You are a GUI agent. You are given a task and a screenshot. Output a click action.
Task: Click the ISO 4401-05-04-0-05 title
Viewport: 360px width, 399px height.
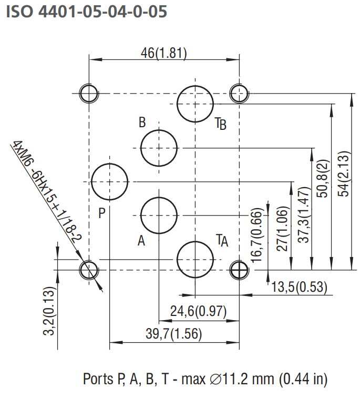pyautogui.click(x=87, y=12)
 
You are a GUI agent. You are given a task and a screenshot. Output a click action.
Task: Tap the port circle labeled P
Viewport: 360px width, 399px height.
pyautogui.click(x=109, y=182)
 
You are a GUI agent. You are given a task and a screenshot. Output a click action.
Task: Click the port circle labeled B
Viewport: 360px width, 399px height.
pyautogui.click(x=159, y=148)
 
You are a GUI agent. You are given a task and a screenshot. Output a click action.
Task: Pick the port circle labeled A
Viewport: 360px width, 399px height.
pyautogui.click(x=159, y=215)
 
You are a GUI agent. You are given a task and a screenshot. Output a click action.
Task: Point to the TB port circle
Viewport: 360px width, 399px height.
pyautogui.click(x=196, y=104)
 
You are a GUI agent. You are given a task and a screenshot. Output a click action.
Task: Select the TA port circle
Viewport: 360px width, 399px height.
pyautogui.click(x=196, y=260)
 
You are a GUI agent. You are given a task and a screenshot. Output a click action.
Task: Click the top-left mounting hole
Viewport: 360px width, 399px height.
pyautogui.click(x=88, y=94)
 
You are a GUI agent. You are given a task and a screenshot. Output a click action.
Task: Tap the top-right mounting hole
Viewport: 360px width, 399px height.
pyautogui.click(x=240, y=94)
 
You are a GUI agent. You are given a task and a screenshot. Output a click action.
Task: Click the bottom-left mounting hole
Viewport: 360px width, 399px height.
pyautogui.click(x=88, y=270)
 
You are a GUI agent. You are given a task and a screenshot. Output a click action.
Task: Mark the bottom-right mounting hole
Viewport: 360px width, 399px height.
pyautogui.click(x=240, y=270)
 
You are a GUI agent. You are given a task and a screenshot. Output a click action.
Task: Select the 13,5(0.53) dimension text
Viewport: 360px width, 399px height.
pyautogui.click(x=299, y=287)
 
